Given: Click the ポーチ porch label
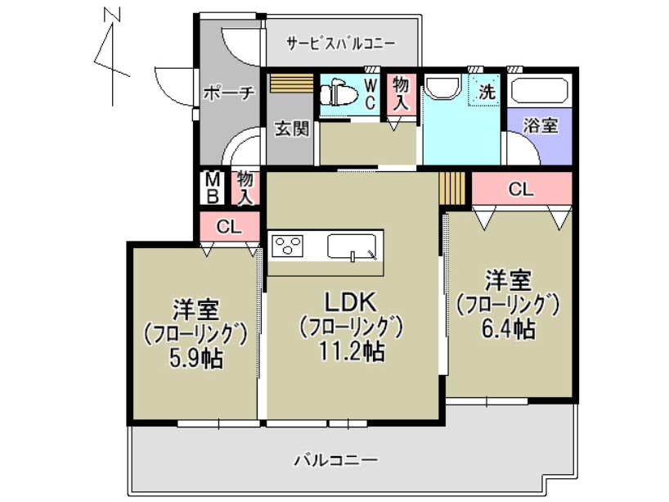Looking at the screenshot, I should (229, 93).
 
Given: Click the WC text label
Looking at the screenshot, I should (370, 93).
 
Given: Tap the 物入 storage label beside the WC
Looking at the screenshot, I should (401, 93).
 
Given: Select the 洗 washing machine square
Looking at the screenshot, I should (486, 93).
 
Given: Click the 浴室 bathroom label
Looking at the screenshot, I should (541, 125).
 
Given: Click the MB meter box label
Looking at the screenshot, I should (212, 188).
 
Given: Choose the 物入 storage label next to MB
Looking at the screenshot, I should (245, 187).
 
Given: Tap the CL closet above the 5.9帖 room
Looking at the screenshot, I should (230, 228).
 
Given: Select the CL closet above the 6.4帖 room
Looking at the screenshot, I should (521, 189).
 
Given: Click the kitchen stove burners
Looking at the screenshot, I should (289, 245).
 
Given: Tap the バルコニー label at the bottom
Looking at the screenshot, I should (335, 459).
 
